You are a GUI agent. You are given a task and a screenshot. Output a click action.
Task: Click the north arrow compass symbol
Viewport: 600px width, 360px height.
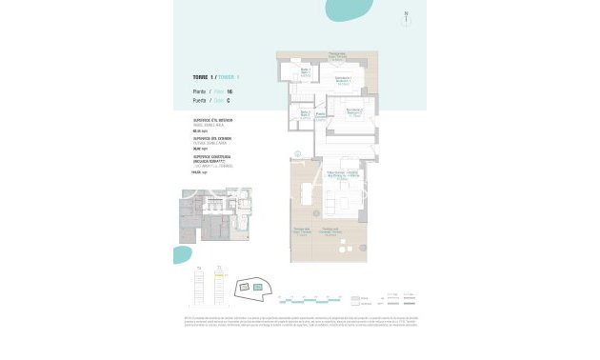[407, 18]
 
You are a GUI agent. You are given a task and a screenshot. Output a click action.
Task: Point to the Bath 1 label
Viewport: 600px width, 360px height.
[307, 71]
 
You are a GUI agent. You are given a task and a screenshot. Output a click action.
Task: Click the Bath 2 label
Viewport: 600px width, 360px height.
[305, 114]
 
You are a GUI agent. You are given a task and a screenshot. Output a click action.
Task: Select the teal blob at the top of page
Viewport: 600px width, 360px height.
[350, 9]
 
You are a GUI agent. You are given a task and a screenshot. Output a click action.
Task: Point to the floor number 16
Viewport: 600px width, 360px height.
[230, 91]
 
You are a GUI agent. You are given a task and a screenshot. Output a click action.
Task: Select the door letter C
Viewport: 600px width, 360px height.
[229, 100]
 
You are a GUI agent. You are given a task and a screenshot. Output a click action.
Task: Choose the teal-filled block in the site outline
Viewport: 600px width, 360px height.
[256, 286]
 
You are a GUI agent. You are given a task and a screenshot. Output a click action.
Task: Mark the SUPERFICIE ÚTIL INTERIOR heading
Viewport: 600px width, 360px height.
[213, 120]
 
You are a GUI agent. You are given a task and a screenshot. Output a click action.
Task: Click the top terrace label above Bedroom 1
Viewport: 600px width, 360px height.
[337, 55]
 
